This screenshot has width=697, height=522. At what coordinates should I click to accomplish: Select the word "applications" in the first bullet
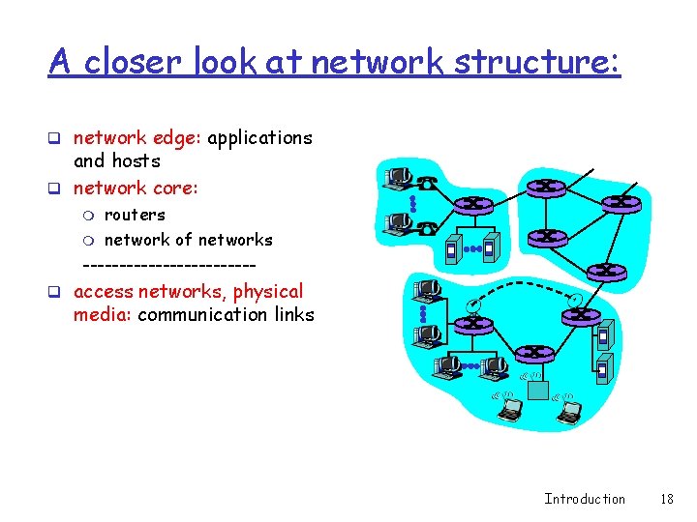(259, 138)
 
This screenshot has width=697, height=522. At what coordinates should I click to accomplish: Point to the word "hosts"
(136, 161)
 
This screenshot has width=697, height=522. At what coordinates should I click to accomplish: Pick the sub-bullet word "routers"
(135, 215)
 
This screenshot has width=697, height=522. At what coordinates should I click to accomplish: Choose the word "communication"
(198, 314)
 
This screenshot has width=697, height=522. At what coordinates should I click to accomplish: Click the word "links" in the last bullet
(289, 314)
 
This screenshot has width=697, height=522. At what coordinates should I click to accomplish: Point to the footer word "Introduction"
(585, 499)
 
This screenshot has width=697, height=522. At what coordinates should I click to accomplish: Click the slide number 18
(666, 499)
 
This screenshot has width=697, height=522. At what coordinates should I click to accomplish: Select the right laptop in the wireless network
(569, 410)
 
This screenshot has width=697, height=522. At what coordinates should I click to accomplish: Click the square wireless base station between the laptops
(537, 389)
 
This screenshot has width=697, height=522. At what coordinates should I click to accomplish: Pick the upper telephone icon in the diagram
(427, 182)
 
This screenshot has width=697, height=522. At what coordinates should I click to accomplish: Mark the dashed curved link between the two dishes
(523, 287)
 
